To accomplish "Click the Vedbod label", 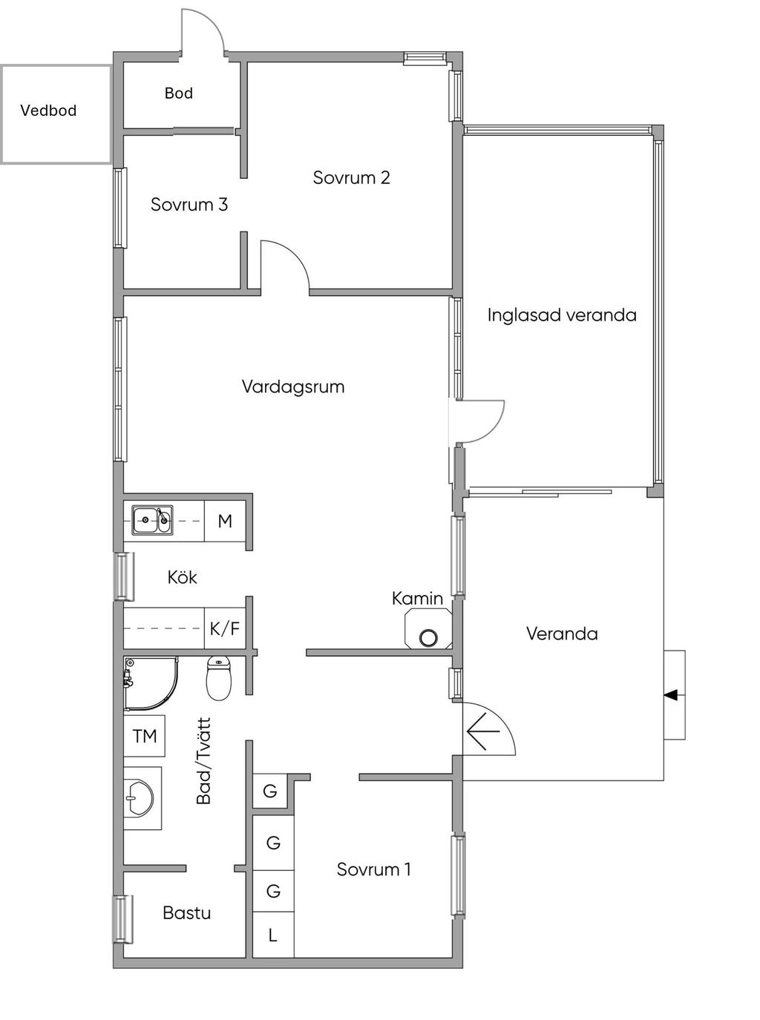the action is coord(48,111).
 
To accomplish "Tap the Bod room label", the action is coord(179,93).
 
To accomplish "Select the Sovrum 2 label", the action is coord(352,177).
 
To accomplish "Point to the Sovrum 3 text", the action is coord(189,205).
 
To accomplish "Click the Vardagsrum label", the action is coord(293,386).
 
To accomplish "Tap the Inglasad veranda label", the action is coord(562,315).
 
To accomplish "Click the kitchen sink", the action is coord(152,520).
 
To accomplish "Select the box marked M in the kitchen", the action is coord(224,521).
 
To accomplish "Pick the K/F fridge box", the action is coord(224,628).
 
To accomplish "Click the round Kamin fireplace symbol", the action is coord(428,638).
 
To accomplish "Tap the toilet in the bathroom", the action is coord(218,678).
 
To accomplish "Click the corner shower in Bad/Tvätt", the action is coord(151,684).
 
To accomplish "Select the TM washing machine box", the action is coord(145,737).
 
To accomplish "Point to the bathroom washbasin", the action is coord(142,798).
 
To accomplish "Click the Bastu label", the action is coord(187,913).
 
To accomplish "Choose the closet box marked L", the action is coord(273,935).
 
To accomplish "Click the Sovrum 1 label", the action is coord(373,869).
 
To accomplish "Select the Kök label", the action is coord(182,578).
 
